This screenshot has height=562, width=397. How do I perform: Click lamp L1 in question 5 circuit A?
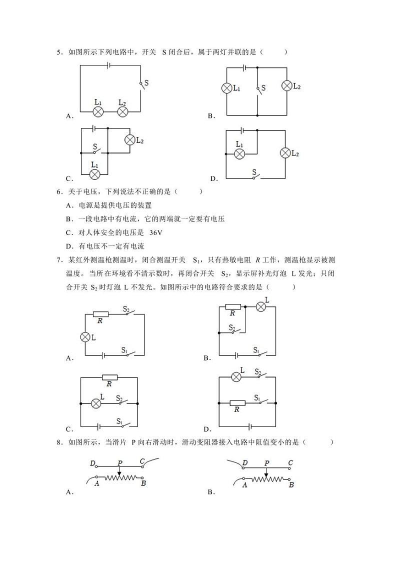98,111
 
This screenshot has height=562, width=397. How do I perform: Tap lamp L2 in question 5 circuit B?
286,86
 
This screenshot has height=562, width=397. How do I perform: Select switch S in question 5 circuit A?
142,84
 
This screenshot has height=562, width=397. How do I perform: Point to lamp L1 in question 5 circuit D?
239,153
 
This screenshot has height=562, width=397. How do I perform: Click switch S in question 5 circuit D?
255,175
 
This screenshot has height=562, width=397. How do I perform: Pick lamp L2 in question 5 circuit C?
130,140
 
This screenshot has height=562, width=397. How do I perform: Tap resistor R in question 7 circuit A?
100,314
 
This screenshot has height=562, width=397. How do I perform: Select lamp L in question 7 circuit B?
260,306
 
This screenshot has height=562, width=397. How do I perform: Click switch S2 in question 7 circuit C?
122,401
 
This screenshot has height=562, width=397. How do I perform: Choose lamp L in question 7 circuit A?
85,337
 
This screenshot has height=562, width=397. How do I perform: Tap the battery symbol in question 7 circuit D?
248,427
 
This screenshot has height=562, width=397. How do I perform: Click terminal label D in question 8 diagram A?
93,463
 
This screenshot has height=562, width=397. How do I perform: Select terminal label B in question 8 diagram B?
291,485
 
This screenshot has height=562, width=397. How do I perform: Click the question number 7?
59,259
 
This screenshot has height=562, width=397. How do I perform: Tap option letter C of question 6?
68,232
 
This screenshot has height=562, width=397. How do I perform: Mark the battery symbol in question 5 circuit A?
108,65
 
